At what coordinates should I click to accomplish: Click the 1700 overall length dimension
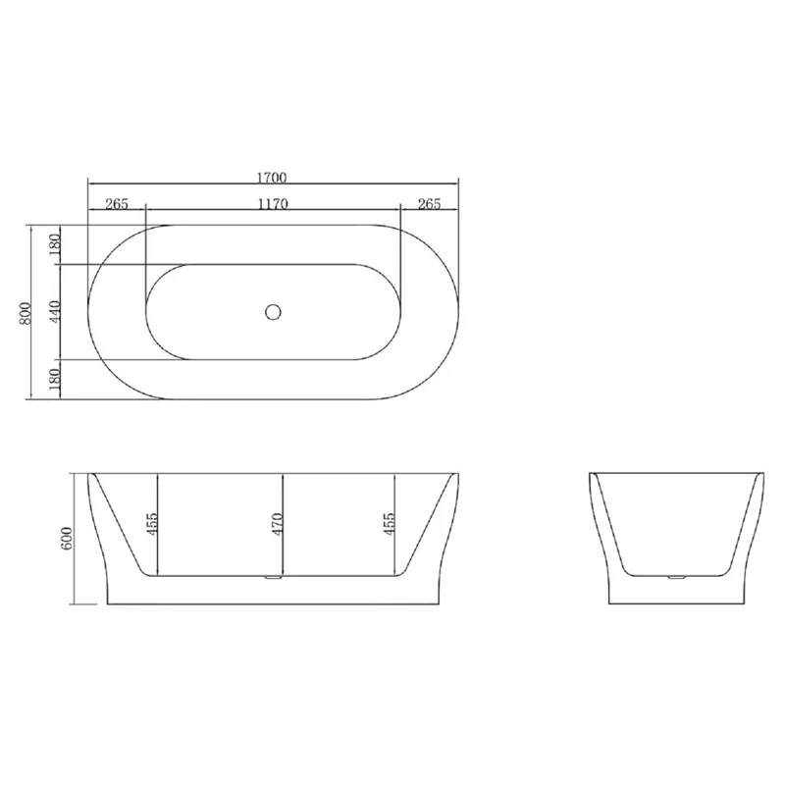(x=273, y=178)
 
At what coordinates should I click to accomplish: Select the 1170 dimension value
(x=273, y=204)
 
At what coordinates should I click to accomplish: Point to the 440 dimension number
(x=56, y=311)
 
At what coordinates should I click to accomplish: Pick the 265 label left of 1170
(x=117, y=204)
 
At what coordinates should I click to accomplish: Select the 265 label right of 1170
(x=429, y=204)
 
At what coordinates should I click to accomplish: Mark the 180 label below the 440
(x=56, y=378)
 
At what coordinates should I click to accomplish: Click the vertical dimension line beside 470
(x=283, y=549)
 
